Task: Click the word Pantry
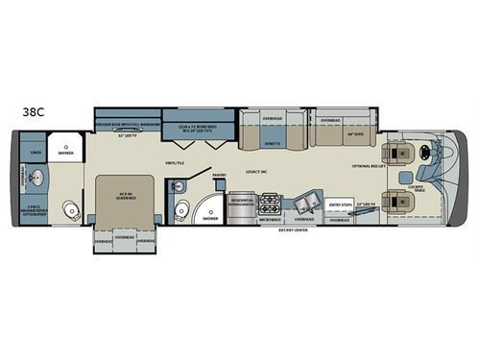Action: click(x=218, y=176)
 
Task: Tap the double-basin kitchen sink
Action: click(x=308, y=204)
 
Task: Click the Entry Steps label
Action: click(x=341, y=204)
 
